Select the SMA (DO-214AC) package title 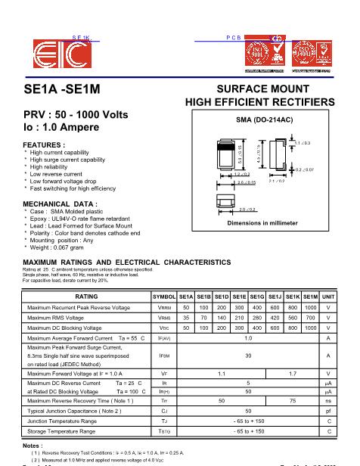pyautogui.click(x=259, y=120)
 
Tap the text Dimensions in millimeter pyautogui.click(x=259, y=224)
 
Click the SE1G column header pyautogui.click(x=257, y=297)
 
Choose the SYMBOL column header pyautogui.click(x=164, y=297)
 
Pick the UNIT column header pyautogui.click(x=328, y=297)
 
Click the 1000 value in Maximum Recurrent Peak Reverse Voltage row pyautogui.click(x=310, y=308)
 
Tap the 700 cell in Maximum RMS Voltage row pyautogui.click(x=310, y=318)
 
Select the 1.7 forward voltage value pyautogui.click(x=293, y=374)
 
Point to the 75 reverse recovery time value pyautogui.click(x=293, y=400)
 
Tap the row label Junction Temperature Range pyautogui.click(x=70, y=421)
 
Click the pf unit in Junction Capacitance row pyautogui.click(x=328, y=411)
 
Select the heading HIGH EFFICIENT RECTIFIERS pyautogui.click(x=259, y=102)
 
